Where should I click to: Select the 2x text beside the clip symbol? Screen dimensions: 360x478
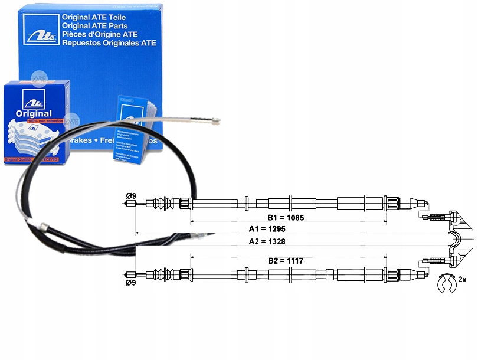tap(462, 279)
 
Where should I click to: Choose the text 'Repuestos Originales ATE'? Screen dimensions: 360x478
tap(109, 43)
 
